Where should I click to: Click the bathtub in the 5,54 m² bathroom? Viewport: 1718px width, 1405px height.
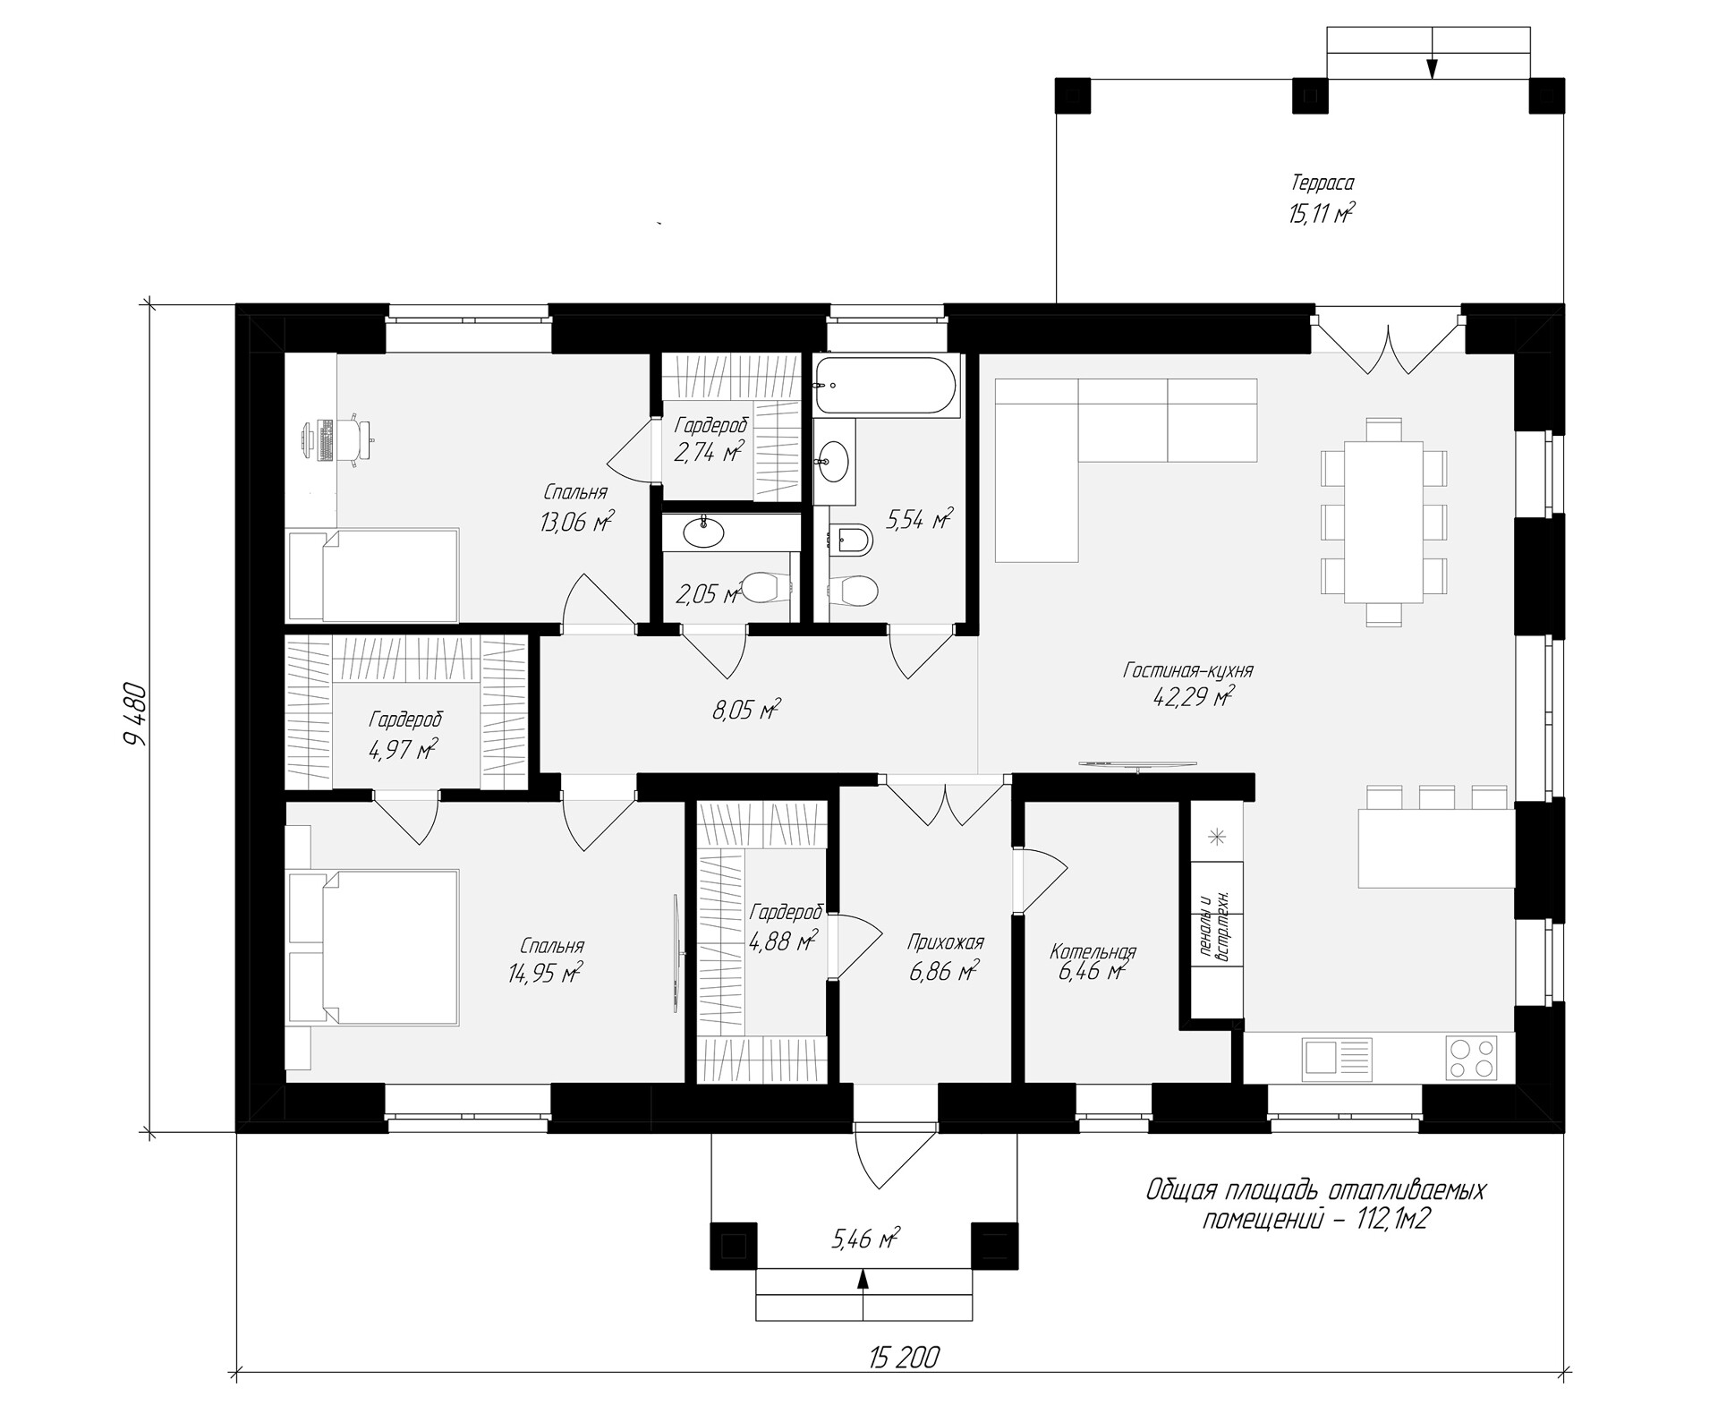pyautogui.click(x=884, y=386)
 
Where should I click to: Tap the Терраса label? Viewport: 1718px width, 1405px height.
pyautogui.click(x=1322, y=183)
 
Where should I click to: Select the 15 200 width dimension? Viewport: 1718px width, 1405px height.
pyautogui.click(x=904, y=1358)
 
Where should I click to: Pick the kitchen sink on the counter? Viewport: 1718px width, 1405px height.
pyautogui.click(x=1326, y=1056)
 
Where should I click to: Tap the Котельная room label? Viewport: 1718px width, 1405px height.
pyautogui.click(x=1093, y=951)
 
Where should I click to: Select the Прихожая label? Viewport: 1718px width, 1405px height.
pyautogui.click(x=945, y=942)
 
